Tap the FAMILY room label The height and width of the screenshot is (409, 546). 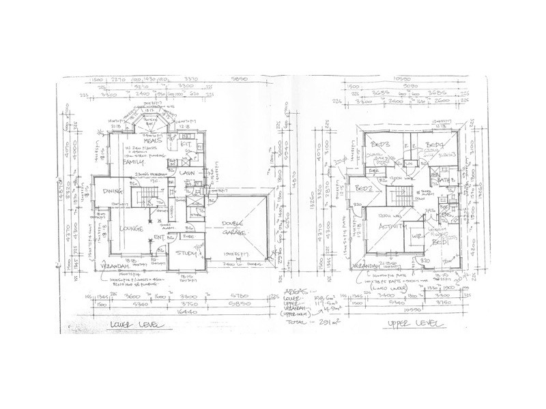click(x=133, y=163)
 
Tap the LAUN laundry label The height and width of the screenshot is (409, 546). click(x=188, y=174)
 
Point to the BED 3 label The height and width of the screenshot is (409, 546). click(x=381, y=145)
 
